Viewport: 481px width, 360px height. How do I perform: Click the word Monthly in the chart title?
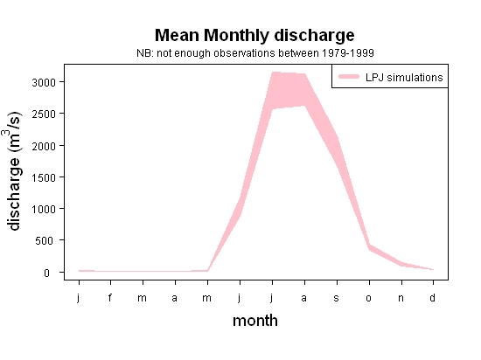(x=237, y=36)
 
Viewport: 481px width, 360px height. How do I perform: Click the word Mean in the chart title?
(x=177, y=35)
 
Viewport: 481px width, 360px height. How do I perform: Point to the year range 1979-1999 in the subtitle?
(x=348, y=53)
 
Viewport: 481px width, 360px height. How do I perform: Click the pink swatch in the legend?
(x=349, y=77)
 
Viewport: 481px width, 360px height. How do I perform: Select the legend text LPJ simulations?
(x=404, y=78)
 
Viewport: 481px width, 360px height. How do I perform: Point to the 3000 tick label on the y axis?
(x=44, y=82)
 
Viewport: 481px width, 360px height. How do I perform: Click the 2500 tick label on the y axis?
(x=44, y=114)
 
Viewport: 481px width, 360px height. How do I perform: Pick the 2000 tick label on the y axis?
(x=44, y=146)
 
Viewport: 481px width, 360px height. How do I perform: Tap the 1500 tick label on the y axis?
(x=44, y=177)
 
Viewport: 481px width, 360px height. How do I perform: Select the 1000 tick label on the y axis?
(x=44, y=210)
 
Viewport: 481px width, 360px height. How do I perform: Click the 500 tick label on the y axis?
(x=45, y=241)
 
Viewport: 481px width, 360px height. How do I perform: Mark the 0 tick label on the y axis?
(x=46, y=273)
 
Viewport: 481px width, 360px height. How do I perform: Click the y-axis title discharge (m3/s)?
(x=13, y=171)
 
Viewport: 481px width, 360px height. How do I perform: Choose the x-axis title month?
(x=255, y=321)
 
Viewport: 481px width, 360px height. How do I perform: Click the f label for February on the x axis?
(x=110, y=297)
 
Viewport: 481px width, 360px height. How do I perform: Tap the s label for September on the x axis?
(x=337, y=298)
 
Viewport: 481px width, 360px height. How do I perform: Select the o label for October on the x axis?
(x=369, y=298)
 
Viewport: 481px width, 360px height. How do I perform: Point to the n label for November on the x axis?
(x=401, y=298)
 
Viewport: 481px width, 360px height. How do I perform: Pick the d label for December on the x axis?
(x=433, y=297)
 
